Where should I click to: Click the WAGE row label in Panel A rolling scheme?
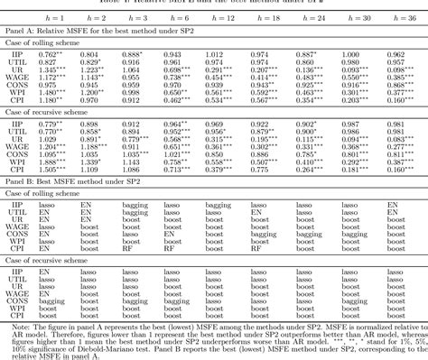coord(17,78)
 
